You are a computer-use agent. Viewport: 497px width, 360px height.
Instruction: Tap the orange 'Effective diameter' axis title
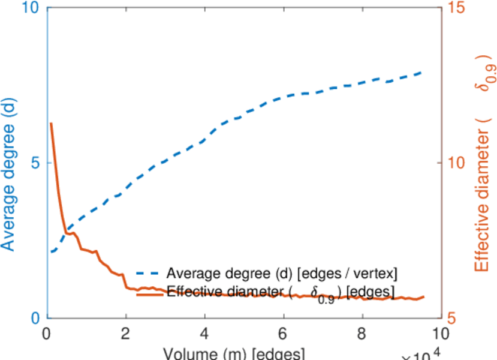click(483, 166)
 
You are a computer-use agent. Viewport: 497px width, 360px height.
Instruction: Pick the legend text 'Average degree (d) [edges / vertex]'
click(282, 274)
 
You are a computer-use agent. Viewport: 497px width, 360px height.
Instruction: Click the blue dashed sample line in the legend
click(149, 274)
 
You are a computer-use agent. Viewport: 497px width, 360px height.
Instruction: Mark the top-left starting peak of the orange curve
click(51, 124)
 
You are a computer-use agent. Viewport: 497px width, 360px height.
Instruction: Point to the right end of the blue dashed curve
click(422, 72)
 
